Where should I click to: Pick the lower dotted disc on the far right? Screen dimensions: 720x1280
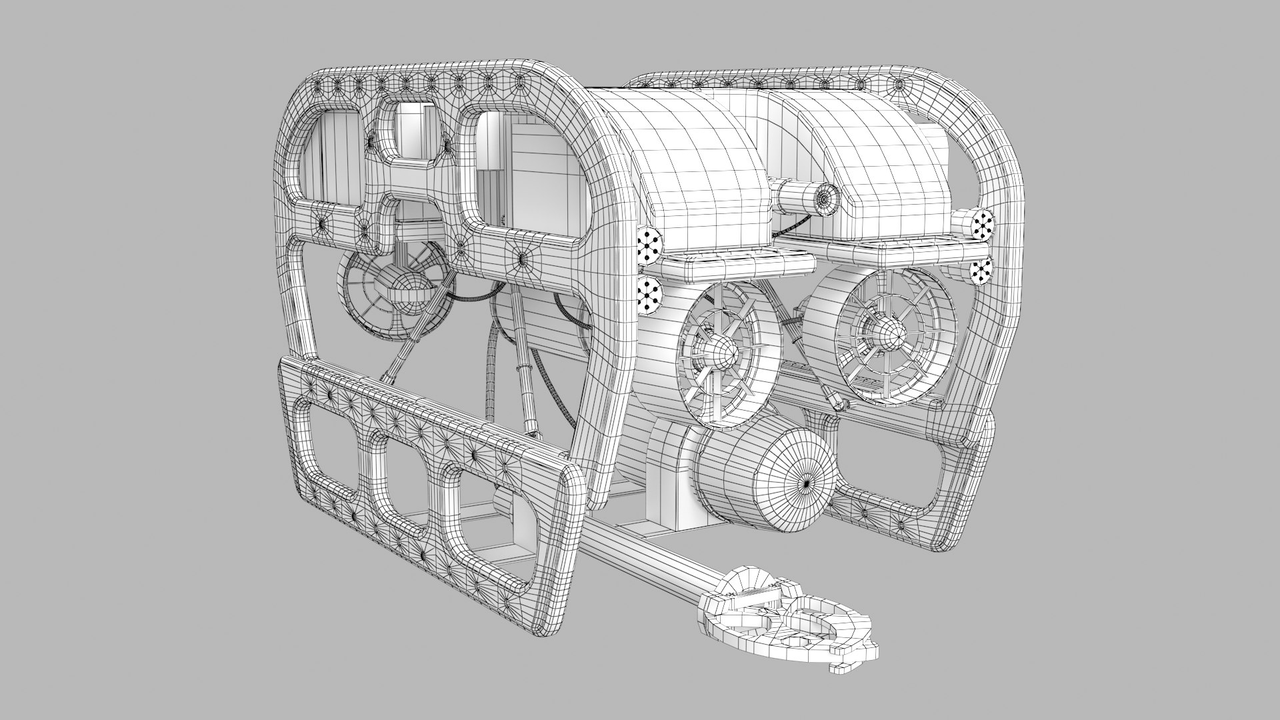[x=981, y=269]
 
